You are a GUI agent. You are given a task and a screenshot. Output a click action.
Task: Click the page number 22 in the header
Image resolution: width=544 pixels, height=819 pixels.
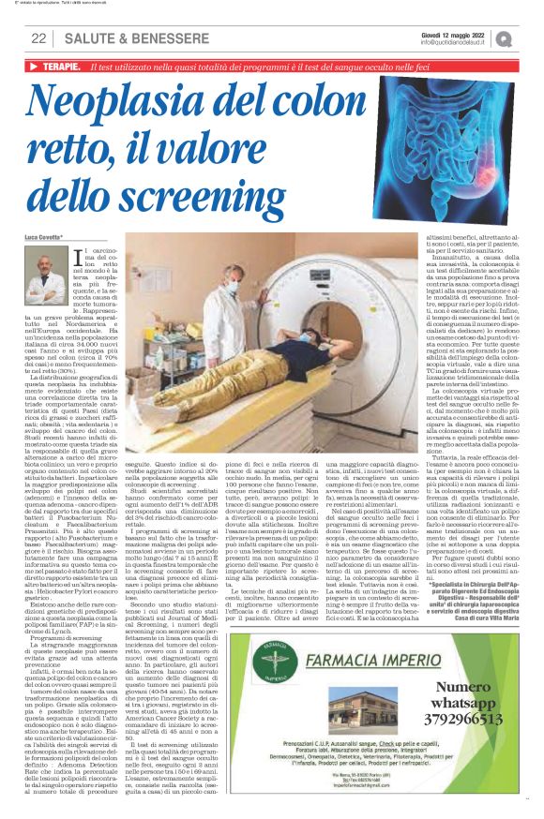click(38, 38)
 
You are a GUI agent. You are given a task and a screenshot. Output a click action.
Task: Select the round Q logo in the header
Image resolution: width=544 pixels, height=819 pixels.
click(506, 37)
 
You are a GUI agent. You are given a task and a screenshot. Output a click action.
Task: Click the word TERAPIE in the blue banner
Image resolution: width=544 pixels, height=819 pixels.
click(59, 68)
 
